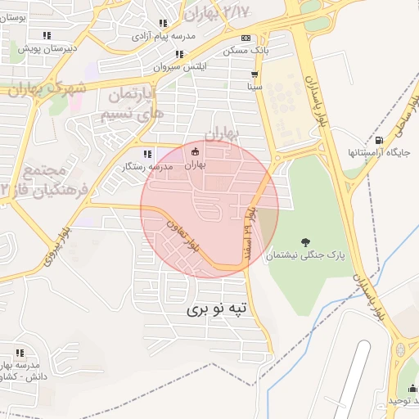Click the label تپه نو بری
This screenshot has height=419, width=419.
216,309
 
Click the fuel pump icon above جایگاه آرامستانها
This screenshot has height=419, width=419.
377,139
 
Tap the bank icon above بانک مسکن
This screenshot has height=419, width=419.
246,38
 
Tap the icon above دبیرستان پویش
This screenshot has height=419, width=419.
47,35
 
